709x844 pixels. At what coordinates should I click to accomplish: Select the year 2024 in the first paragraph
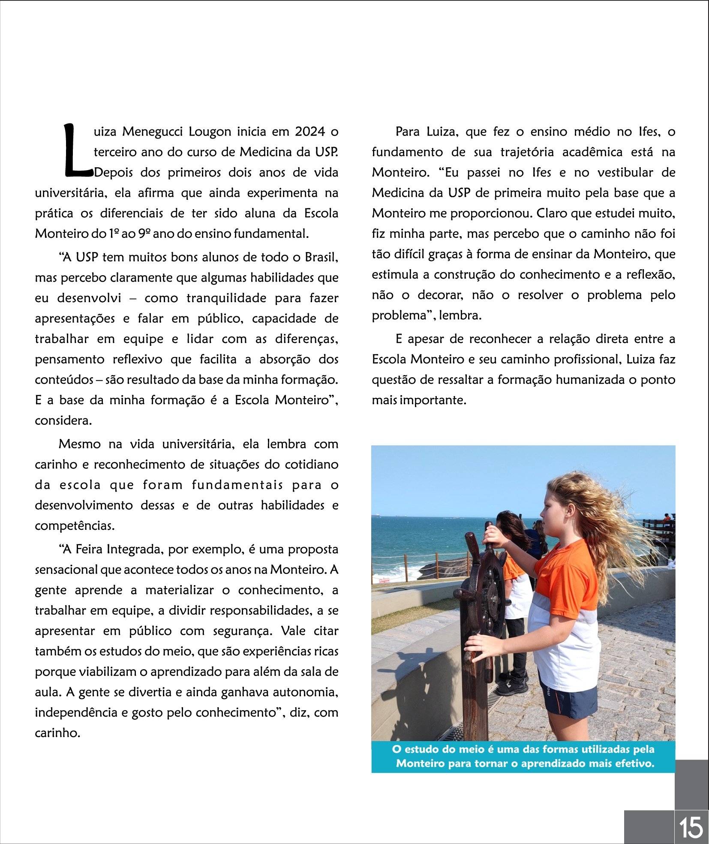[309, 132]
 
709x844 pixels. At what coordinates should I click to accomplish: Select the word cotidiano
[312, 465]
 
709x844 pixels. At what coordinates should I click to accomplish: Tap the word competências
[75, 526]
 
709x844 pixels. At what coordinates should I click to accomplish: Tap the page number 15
[691, 827]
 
